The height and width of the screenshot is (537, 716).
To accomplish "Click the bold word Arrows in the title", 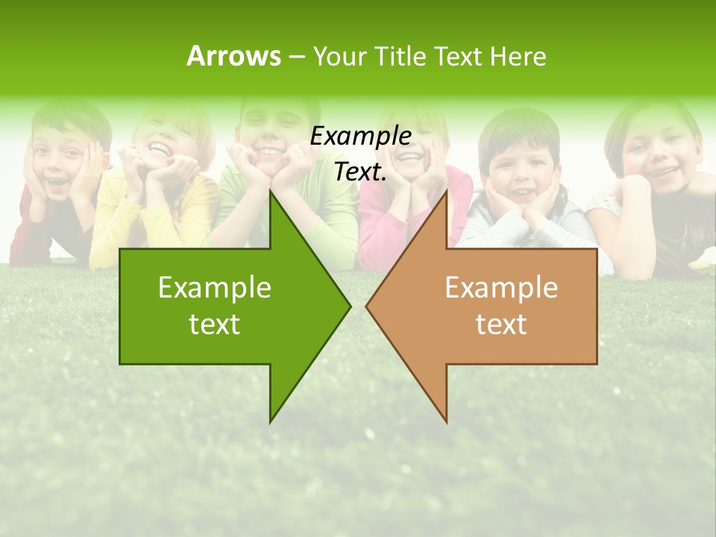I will click(234, 56).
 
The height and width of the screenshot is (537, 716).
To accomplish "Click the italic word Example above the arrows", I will click(360, 136).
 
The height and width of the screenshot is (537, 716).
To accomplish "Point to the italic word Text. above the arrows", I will click(360, 172).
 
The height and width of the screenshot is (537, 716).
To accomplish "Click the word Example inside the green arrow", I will click(215, 287).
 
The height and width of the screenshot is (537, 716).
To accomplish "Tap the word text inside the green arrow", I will click(215, 324).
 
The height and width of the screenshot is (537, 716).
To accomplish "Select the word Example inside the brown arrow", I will click(501, 287).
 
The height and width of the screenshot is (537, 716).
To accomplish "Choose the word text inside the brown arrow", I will click(501, 324).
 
